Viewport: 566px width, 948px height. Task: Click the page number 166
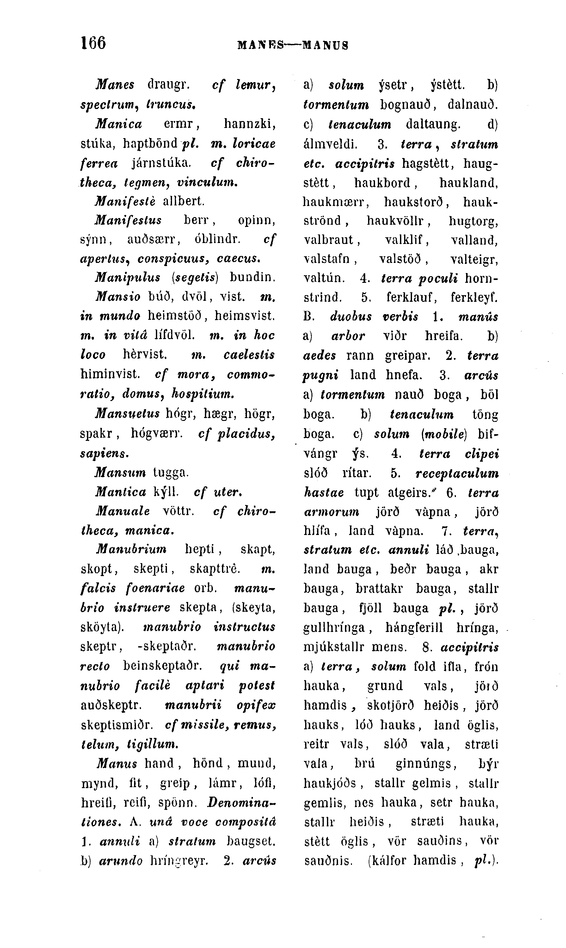tap(94, 43)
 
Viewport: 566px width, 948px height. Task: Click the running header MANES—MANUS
tap(292, 46)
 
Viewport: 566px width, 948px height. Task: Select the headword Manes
tap(115, 85)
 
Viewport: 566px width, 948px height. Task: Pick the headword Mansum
tap(120, 473)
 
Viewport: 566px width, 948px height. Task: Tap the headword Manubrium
tap(131, 550)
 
